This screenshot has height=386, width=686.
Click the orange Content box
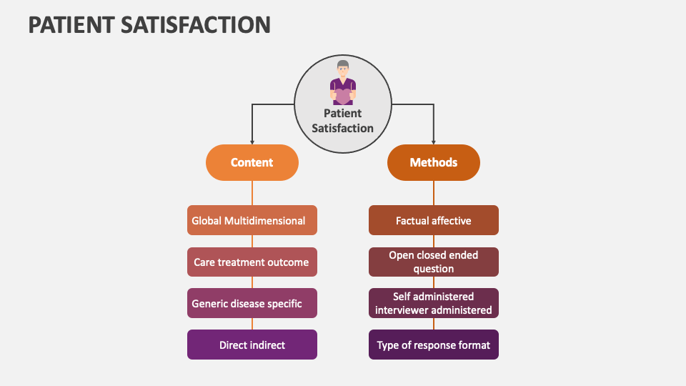pyautogui.click(x=252, y=162)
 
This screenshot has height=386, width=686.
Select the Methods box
pyautogui.click(x=433, y=162)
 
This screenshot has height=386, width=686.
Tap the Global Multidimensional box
pyautogui.click(x=252, y=221)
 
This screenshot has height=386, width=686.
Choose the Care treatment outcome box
pyautogui.click(x=252, y=262)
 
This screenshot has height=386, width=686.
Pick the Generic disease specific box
pyautogui.click(x=252, y=304)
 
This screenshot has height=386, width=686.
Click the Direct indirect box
pyautogui.click(x=252, y=345)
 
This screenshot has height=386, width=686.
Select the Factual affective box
pyautogui.click(x=433, y=221)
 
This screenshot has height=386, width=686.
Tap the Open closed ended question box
pyautogui.click(x=433, y=262)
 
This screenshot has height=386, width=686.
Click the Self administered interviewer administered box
pyautogui.click(x=433, y=304)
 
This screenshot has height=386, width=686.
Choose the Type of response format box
pyautogui.click(x=433, y=345)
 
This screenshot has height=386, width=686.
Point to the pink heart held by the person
pyautogui.click(x=343, y=94)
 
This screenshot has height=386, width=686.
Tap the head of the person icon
pyautogui.click(x=343, y=69)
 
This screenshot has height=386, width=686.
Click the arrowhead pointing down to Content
pyautogui.click(x=252, y=142)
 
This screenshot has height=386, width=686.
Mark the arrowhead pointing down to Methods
pyautogui.click(x=433, y=142)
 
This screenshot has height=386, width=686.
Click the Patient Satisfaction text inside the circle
pyautogui.click(x=343, y=121)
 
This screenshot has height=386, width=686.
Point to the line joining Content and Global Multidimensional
pyautogui.click(x=252, y=193)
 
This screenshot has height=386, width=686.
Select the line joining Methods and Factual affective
pyautogui.click(x=433, y=193)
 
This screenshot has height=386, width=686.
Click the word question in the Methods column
pyautogui.click(x=433, y=269)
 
